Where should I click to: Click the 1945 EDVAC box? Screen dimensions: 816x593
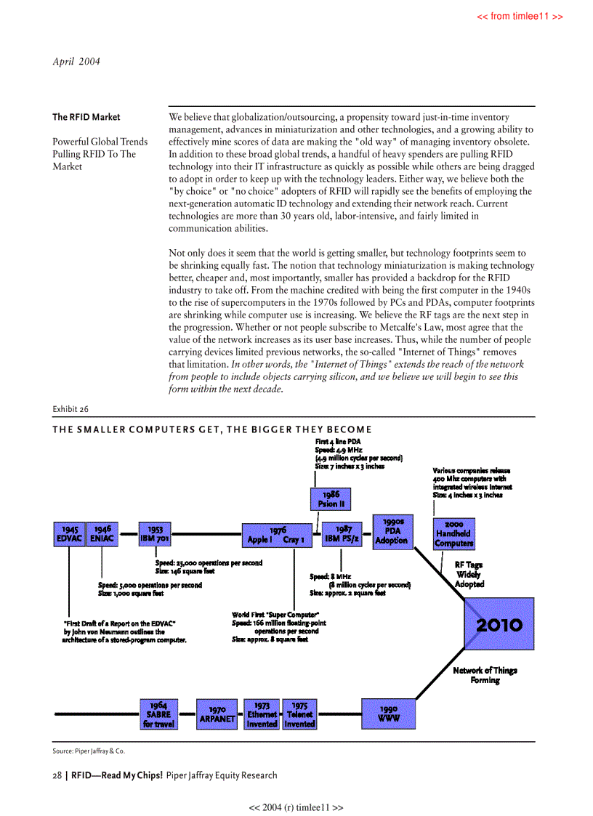(69, 534)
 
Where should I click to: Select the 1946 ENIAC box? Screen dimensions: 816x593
(102, 534)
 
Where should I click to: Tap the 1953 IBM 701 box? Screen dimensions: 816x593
(155, 534)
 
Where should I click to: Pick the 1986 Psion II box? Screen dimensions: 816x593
(331, 499)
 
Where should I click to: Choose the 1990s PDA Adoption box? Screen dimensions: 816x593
(392, 530)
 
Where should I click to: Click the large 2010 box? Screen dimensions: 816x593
(499, 624)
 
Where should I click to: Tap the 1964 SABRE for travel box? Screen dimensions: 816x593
(158, 714)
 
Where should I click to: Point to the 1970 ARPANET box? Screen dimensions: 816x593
(217, 714)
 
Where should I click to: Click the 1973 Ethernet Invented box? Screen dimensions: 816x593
(262, 714)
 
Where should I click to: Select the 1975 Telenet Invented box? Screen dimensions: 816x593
(299, 714)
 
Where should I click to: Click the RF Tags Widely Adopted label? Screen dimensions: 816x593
(469, 574)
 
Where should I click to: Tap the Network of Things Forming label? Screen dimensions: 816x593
(485, 675)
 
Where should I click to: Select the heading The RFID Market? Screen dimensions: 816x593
(86, 117)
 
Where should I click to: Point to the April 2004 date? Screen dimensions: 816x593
(77, 61)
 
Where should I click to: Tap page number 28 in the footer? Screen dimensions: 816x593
(57, 775)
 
